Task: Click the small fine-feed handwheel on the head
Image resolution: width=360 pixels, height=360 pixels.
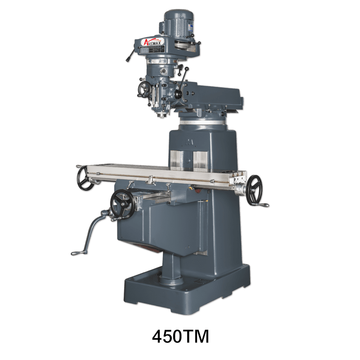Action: coord(144,89)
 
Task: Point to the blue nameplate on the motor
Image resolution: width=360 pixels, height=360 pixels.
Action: coord(191,28)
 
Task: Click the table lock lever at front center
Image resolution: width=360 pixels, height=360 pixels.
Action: coord(151,180)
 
